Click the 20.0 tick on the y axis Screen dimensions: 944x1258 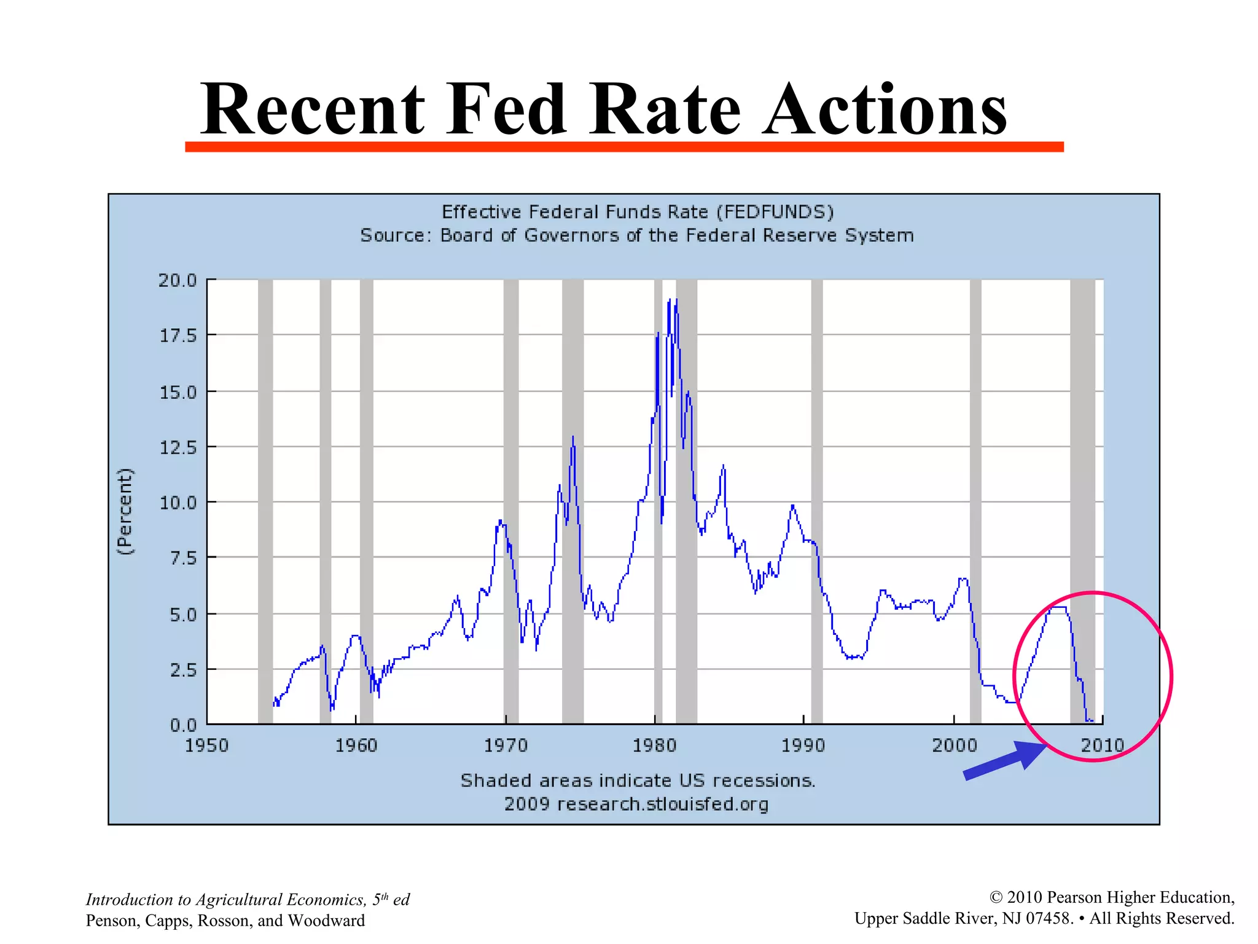pyautogui.click(x=178, y=280)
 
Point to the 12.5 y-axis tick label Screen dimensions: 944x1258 pyautogui.click(x=178, y=447)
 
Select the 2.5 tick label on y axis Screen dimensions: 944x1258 pyautogui.click(x=182, y=670)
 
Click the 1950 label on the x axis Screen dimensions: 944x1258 pyautogui.click(x=206, y=745)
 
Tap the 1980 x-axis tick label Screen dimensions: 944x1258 pyautogui.click(x=654, y=745)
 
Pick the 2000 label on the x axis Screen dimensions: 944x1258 pyautogui.click(x=954, y=745)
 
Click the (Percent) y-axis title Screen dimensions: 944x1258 pyautogui.click(x=125, y=511)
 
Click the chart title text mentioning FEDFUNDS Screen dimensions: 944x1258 pyautogui.click(x=638, y=212)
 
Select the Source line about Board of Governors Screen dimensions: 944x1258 pyautogui.click(x=637, y=235)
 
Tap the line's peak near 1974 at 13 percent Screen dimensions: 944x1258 pyautogui.click(x=573, y=438)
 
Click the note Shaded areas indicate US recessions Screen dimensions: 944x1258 pyautogui.click(x=638, y=781)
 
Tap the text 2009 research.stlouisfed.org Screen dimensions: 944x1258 pyautogui.click(x=636, y=804)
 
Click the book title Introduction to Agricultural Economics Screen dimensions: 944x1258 pyautogui.click(x=248, y=900)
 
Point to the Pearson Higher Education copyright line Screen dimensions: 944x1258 pyautogui.click(x=1112, y=897)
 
